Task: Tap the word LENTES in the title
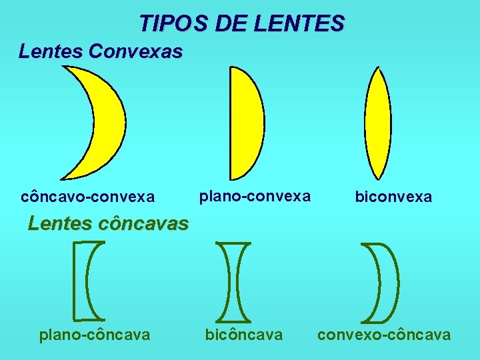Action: [x=299, y=24]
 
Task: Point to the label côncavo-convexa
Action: [x=88, y=197]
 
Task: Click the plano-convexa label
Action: [x=255, y=196]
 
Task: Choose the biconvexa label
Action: [x=393, y=197]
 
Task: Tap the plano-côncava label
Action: [x=95, y=335]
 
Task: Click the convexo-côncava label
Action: [x=384, y=335]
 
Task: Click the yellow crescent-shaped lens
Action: [x=107, y=120]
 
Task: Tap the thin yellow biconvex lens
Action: [x=378, y=124]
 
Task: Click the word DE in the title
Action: [x=231, y=24]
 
